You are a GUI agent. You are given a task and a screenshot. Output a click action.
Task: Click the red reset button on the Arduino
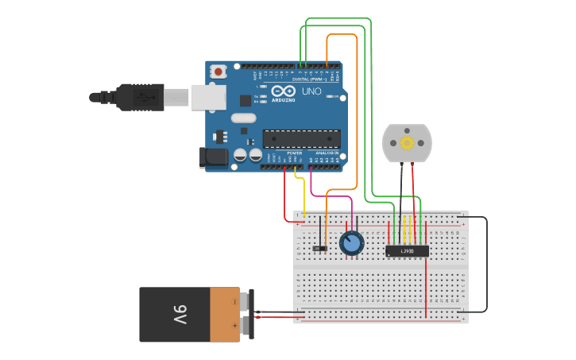(218, 72)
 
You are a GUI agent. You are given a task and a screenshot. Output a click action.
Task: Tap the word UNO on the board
(311, 91)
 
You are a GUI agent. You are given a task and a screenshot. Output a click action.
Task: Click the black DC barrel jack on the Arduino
(213, 157)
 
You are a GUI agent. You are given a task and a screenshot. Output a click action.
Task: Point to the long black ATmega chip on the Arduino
(301, 138)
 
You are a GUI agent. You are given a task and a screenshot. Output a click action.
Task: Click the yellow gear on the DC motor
(407, 143)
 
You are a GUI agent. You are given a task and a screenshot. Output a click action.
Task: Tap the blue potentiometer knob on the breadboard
(351, 243)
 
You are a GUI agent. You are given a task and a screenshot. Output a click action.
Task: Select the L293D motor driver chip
(407, 251)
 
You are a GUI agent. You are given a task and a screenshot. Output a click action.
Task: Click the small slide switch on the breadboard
(320, 249)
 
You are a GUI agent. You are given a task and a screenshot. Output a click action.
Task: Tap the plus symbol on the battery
(234, 326)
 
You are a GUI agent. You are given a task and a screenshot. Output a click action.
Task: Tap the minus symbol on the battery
(234, 302)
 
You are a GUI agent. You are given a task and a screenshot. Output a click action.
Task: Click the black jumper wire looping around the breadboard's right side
(486, 262)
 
